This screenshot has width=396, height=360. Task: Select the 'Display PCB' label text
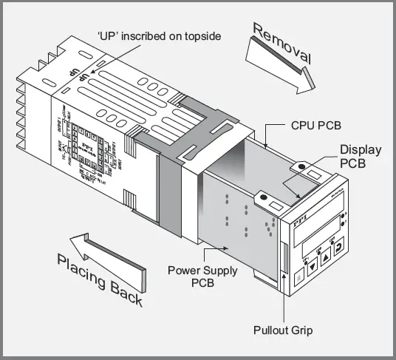click(x=360, y=156)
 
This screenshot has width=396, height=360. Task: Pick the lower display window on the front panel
click(x=323, y=238)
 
